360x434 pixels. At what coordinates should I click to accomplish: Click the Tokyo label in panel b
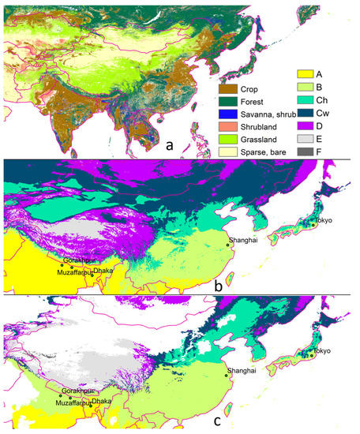pos(325,219)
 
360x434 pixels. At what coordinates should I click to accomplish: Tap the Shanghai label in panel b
pos(241,240)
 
